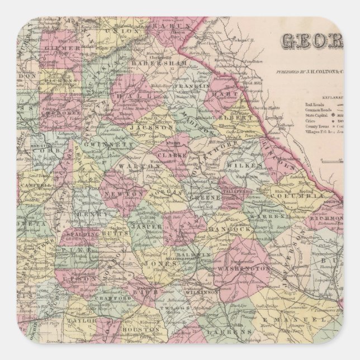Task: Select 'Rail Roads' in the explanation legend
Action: pos(313,104)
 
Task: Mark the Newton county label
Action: pos(130,193)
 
